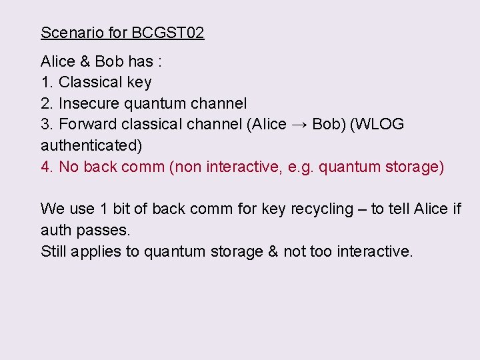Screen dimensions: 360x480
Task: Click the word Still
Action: [x=53, y=251]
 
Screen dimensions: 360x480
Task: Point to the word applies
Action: [x=97, y=251]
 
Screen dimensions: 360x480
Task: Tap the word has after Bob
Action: [x=141, y=61]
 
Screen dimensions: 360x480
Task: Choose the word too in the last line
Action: [x=322, y=251]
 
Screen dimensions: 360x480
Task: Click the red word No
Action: [x=69, y=167]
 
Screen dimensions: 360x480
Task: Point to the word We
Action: [x=52, y=209]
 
